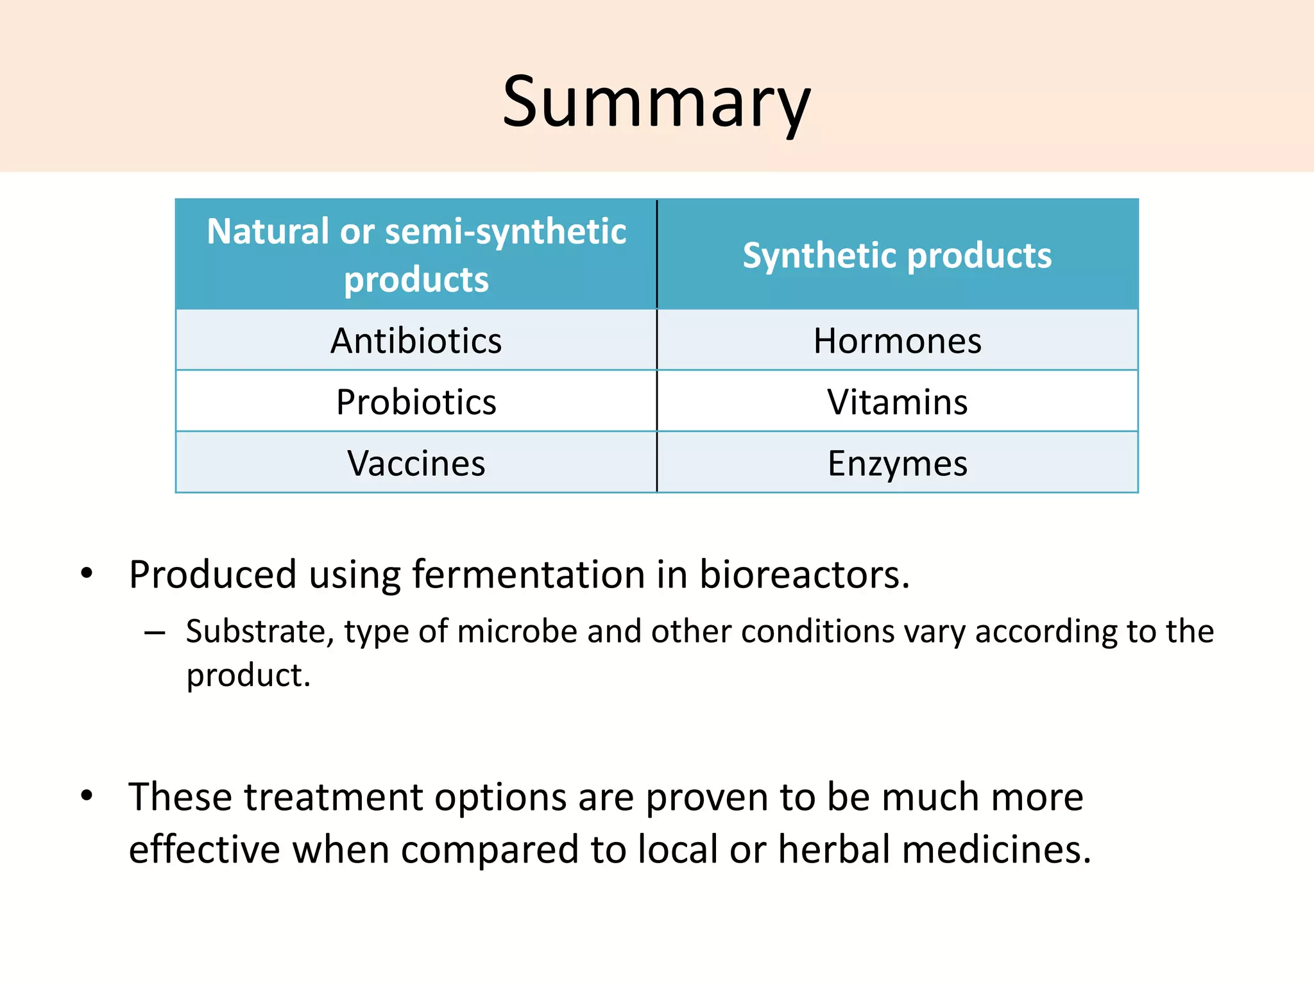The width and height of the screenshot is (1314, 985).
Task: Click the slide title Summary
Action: pos(656,103)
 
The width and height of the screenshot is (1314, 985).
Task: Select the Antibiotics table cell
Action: pos(416,341)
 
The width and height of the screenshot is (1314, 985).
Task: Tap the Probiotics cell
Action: pos(416,402)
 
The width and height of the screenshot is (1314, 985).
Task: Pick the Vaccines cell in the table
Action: pos(416,463)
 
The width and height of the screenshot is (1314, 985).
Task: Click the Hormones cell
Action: pos(897,341)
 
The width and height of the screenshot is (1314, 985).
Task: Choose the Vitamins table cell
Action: pos(897,402)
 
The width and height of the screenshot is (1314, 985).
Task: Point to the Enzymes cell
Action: pos(897,463)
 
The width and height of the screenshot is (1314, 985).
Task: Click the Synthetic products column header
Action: pos(897,255)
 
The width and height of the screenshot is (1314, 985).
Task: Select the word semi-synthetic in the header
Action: pos(505,232)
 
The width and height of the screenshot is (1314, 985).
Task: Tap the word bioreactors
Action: pos(803,574)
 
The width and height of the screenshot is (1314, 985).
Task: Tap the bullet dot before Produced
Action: pos(87,573)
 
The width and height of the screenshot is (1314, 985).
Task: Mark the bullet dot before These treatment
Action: pos(87,796)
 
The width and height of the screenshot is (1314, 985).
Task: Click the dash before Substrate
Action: pos(155,634)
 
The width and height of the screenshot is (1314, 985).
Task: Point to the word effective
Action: pos(204,849)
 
